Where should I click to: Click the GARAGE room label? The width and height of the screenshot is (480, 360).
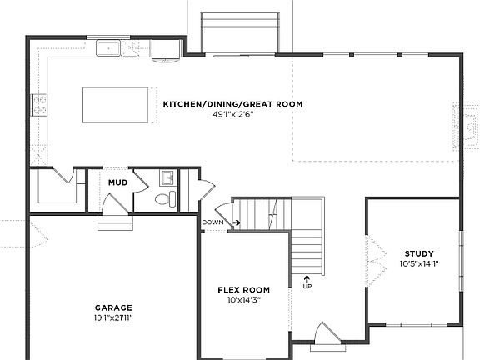click(x=113, y=307)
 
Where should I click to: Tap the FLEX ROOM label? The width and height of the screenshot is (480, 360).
click(x=240, y=290)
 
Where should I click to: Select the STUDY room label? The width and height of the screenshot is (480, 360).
click(x=419, y=253)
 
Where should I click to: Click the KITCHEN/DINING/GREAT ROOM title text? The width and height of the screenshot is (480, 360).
click(x=232, y=104)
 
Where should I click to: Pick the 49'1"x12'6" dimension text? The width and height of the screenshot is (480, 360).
click(x=232, y=114)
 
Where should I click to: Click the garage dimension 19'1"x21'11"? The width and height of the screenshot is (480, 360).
click(x=113, y=317)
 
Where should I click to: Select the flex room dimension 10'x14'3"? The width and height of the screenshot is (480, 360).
click(x=240, y=300)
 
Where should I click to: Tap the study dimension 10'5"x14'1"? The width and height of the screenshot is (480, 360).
click(x=419, y=264)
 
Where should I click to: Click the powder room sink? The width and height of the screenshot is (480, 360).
click(x=166, y=177)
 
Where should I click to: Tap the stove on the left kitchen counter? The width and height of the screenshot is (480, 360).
click(x=39, y=105)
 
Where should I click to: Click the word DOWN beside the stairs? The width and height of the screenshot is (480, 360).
click(x=212, y=222)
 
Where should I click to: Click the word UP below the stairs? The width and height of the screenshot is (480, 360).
click(x=307, y=287)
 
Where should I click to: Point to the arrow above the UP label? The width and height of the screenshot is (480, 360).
click(x=307, y=277)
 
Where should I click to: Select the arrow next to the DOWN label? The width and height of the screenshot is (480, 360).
click(x=236, y=222)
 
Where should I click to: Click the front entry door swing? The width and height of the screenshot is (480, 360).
click(x=324, y=335)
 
